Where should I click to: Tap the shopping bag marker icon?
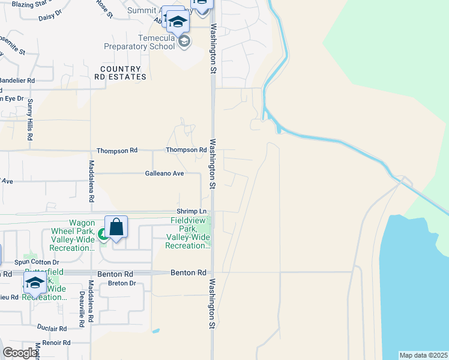[116, 228]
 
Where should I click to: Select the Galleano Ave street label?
[164, 173]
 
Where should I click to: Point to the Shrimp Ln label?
[191, 211]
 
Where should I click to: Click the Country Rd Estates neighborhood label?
[120, 73]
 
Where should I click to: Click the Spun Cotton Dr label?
[37, 262]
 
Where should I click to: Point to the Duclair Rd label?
[51, 329]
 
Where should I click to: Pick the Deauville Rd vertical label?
[81, 310]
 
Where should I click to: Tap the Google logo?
[20, 353]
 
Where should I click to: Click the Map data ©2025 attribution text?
[423, 355]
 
